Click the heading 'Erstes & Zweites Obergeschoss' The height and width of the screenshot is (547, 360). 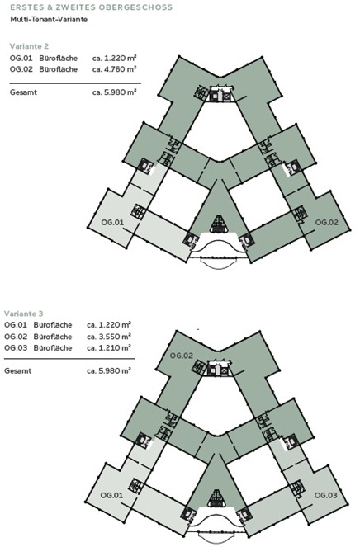[x=91, y=7]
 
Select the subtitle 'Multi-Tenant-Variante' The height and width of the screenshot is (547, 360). [x=49, y=20]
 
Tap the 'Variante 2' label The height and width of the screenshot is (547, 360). [x=30, y=46]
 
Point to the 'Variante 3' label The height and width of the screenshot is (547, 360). [x=24, y=314]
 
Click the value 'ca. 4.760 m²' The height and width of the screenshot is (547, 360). [x=114, y=69]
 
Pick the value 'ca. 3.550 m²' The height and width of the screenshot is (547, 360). [x=109, y=337]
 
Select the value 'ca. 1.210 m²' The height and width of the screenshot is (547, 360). [x=109, y=348]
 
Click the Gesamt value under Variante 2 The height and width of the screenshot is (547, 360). [x=114, y=92]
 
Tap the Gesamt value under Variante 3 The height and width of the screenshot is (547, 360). [x=109, y=370]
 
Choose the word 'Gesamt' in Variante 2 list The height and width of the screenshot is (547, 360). [x=23, y=92]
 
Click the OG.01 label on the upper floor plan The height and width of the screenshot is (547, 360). [x=112, y=222]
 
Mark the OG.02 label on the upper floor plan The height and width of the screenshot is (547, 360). [x=327, y=222]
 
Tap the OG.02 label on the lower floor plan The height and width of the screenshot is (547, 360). [x=181, y=356]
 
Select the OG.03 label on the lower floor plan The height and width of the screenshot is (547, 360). [x=326, y=495]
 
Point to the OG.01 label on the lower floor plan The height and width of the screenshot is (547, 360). [x=111, y=495]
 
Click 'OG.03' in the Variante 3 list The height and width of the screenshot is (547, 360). [x=16, y=348]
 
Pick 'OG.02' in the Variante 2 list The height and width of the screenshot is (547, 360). [x=21, y=69]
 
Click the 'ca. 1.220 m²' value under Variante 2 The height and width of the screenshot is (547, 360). [x=114, y=58]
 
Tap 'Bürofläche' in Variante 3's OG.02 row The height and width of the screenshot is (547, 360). [x=53, y=337]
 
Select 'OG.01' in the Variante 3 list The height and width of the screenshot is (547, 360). [x=16, y=325]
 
